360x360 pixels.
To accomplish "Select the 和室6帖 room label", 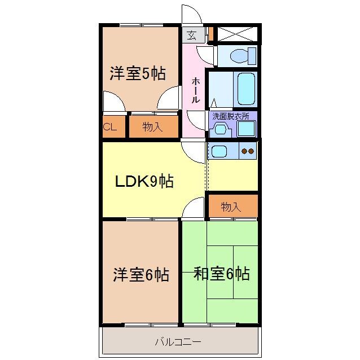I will coord(221,274).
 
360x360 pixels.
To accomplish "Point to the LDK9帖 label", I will coord(144,181).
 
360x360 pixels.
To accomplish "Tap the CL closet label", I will coord(110,127).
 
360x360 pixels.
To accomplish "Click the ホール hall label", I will coord(195,89).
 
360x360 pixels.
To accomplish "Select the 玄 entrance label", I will coord(192,36).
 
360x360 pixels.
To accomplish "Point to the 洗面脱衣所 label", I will coord(234,116).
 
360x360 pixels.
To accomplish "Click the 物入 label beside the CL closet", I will coord(152,127).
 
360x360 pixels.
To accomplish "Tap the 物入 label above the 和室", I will coord(231,207).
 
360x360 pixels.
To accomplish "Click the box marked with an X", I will coord(238,34).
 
